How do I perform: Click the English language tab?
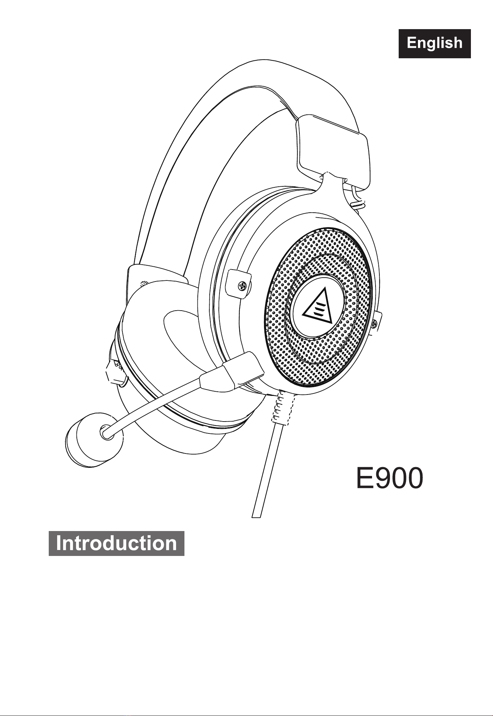[434, 44]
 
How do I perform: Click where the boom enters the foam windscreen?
[106, 433]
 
